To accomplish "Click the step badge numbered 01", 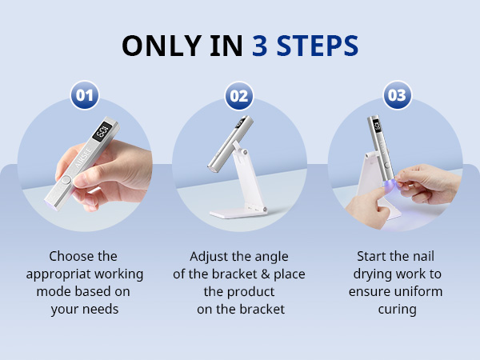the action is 85,95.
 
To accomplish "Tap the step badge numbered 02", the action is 239,96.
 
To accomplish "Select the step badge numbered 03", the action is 398,95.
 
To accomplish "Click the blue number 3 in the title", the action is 260,46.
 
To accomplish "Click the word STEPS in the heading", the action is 318,46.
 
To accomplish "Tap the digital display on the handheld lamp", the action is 102,132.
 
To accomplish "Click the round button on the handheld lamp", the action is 66,180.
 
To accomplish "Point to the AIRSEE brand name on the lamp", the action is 83,158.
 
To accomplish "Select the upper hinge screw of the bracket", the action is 244,152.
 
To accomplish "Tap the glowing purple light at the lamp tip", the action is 387,184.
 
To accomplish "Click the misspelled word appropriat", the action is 58,274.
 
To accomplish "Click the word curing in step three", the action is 397,309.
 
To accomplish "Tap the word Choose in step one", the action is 69,256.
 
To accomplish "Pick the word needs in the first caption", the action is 102,309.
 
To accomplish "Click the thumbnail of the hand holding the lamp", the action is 85,164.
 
